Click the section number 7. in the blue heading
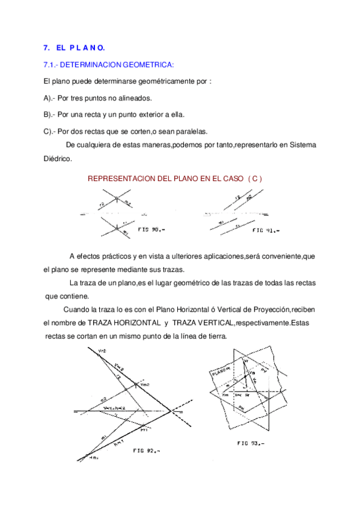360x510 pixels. [46, 48]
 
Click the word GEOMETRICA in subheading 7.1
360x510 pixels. [148, 64]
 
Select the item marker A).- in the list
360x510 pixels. [50, 97]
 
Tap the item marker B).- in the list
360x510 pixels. [50, 114]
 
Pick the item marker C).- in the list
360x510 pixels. [50, 131]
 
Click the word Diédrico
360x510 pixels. [58, 159]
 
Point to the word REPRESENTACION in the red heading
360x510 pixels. [118, 179]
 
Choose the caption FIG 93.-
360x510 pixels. [251, 443]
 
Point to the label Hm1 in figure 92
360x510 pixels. [94, 456]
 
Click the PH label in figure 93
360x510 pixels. [241, 409]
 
